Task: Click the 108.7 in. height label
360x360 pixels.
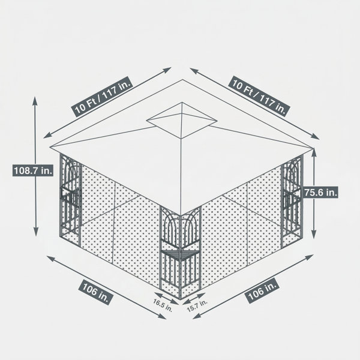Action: pos(33,170)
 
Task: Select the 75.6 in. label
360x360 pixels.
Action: pos(320,193)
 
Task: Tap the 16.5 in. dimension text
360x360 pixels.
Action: pos(163,305)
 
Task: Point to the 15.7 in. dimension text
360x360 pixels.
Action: pos(197,306)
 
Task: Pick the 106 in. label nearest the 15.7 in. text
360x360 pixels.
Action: pos(262,290)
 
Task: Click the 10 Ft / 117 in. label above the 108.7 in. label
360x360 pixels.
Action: pos(103,97)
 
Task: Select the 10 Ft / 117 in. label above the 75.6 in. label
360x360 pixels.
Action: pos(259,96)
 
